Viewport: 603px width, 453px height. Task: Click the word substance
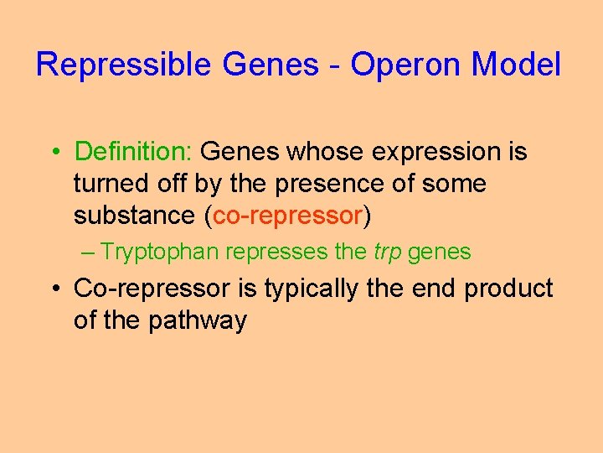[x=135, y=216]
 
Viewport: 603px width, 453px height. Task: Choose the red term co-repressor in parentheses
[x=287, y=216]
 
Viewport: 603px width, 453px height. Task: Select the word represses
[x=276, y=252]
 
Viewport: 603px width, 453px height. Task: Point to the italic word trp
[x=388, y=253]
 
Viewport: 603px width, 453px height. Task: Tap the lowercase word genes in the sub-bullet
[x=440, y=253]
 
